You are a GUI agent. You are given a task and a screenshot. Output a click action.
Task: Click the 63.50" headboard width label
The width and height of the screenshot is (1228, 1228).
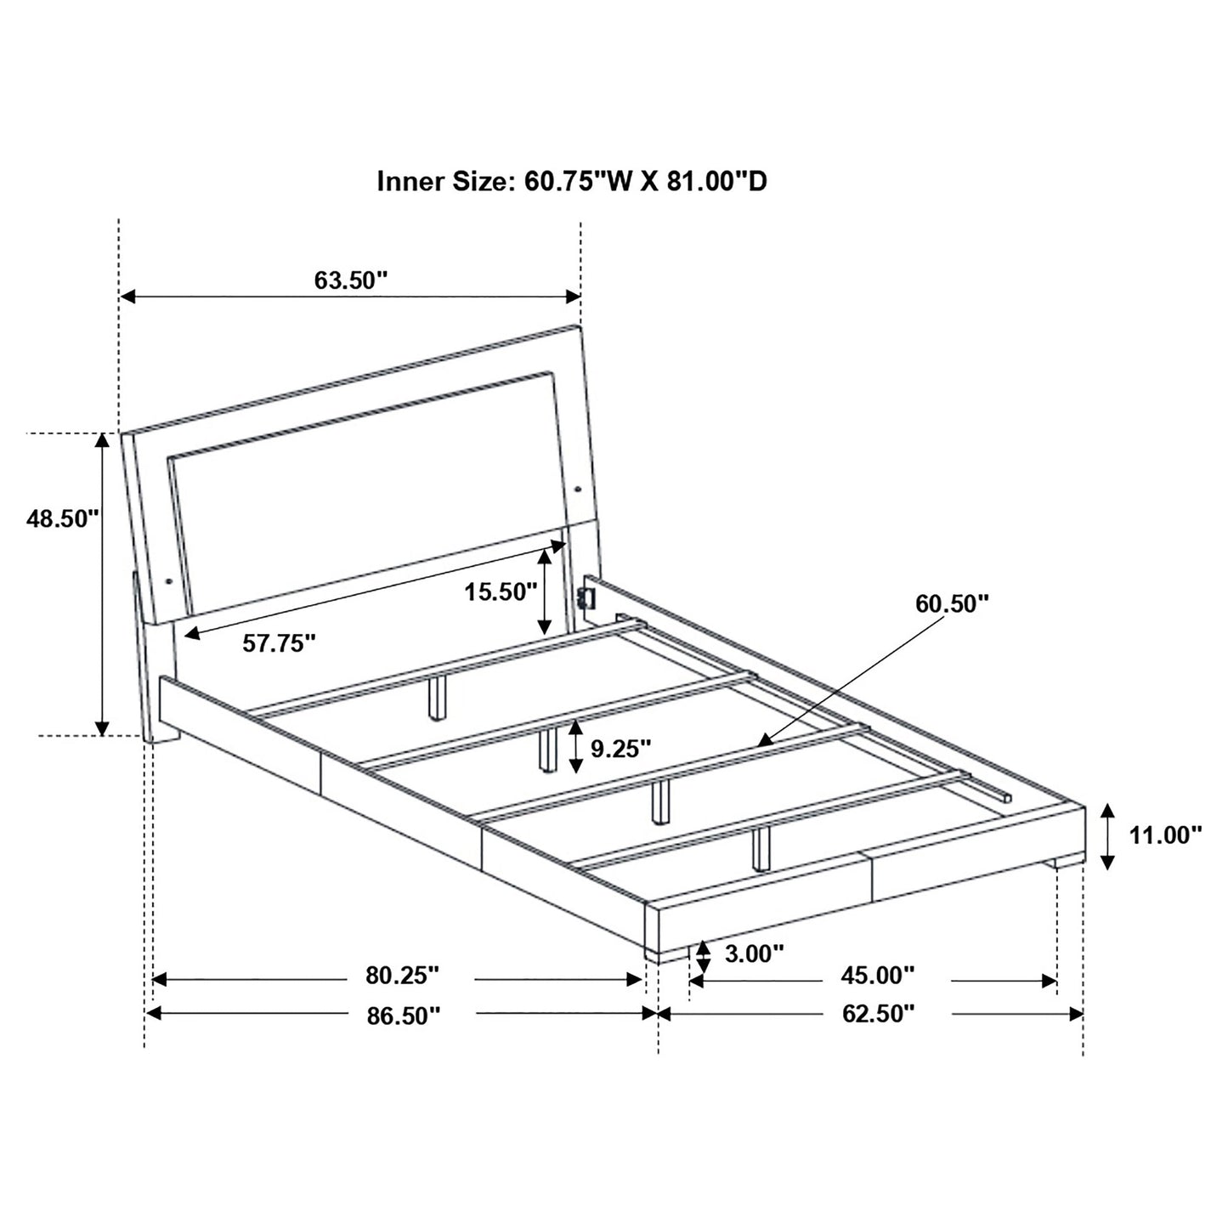coord(350,280)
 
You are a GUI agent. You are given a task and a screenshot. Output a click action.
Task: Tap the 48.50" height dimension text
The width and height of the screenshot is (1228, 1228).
coord(63,518)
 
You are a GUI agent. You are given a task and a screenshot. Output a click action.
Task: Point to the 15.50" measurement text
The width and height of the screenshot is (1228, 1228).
coord(501,592)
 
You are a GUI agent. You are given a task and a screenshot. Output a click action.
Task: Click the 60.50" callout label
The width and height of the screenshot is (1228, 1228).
coord(952,603)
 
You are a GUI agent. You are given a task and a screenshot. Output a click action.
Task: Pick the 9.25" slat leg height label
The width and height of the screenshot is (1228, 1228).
coord(620,748)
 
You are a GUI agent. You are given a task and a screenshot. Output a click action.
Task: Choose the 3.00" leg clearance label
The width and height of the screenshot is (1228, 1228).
coord(755,954)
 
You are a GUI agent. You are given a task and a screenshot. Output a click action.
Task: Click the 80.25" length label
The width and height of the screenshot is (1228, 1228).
coord(403,975)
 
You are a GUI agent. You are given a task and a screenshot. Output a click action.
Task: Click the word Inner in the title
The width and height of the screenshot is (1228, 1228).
coord(410,182)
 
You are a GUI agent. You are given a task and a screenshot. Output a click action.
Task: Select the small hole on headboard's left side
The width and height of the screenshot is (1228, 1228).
coord(167,580)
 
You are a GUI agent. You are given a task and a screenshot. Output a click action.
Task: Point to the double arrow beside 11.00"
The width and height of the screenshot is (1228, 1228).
coord(1106,836)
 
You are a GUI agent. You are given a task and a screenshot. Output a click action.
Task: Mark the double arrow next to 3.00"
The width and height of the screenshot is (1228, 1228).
coord(703,958)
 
